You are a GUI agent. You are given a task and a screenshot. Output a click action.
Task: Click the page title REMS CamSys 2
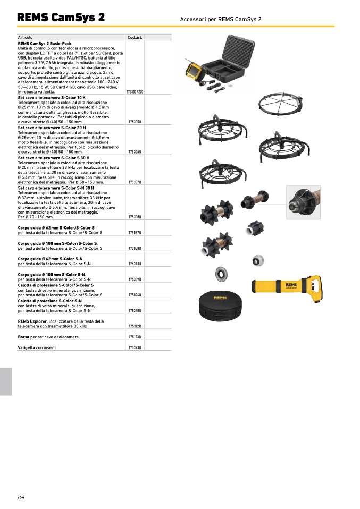(61, 17)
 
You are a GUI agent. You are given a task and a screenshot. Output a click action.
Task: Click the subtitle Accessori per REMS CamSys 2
(221, 19)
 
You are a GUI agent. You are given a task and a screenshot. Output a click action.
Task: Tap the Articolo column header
(25, 37)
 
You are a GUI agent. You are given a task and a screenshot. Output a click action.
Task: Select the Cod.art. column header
(135, 37)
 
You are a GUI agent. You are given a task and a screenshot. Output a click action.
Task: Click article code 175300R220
(135, 92)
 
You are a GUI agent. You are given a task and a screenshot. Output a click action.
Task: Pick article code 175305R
(135, 122)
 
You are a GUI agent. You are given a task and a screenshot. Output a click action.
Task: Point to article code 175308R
(135, 217)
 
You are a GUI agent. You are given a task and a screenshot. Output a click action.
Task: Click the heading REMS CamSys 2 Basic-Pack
(45, 44)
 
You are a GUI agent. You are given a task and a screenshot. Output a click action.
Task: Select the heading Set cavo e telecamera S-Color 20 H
(52, 128)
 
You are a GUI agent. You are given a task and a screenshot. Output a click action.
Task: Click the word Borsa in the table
(23, 337)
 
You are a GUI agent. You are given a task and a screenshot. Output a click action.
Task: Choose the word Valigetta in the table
(26, 347)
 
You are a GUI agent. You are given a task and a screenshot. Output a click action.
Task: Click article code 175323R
(135, 347)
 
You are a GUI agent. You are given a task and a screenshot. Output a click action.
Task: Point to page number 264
(21, 497)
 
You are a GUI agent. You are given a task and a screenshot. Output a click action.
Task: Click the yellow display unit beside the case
(195, 73)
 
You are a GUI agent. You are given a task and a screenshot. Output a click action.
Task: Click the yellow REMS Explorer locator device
(287, 288)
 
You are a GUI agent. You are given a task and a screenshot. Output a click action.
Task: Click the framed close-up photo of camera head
(303, 202)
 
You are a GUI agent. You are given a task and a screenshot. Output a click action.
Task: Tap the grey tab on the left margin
(6, 381)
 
